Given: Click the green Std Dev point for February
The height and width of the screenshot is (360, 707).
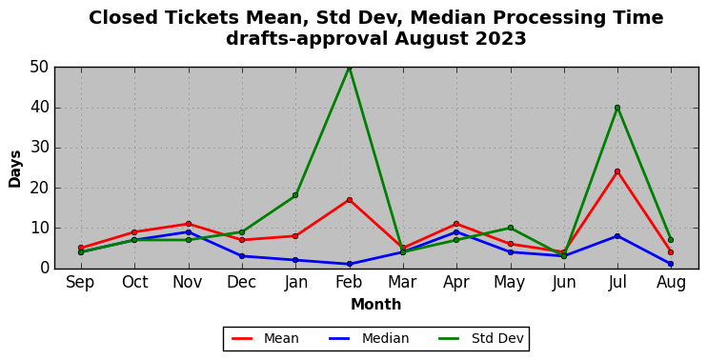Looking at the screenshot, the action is (349, 68).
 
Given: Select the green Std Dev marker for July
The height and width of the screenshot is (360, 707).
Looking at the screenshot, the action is (617, 108).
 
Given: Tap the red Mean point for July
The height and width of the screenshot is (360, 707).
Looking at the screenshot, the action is (617, 171).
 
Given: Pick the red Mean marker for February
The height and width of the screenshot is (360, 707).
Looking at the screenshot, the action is (349, 200).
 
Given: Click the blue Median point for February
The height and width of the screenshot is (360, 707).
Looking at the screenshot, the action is (349, 264).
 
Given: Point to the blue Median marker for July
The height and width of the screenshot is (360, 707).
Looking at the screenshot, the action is (617, 236).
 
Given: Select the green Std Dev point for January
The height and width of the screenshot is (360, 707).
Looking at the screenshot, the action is (295, 195).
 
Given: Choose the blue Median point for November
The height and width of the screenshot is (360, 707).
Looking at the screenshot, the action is (188, 232).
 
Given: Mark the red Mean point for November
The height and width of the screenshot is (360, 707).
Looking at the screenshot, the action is (188, 224).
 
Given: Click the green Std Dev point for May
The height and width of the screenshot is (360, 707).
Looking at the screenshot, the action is (510, 228).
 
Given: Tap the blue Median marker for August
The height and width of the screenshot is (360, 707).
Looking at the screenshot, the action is (671, 264).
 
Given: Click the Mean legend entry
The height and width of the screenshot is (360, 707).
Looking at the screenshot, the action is (265, 338).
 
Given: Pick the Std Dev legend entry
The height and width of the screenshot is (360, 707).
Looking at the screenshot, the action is (480, 338).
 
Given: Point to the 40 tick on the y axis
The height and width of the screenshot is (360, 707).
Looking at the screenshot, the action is (40, 109).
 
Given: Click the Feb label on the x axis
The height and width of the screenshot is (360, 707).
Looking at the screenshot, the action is (349, 283).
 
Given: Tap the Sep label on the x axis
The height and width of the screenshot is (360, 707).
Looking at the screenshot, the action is (80, 283).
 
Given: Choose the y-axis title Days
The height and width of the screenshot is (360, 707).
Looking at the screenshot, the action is (15, 169).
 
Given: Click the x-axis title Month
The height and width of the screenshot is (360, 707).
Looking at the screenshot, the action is (376, 305).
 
